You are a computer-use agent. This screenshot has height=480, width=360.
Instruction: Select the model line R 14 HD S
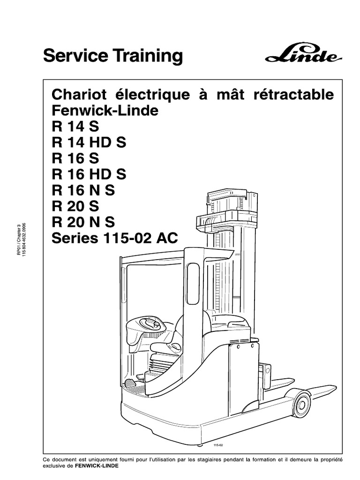89,142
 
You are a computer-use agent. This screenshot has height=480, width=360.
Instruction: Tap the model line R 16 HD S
89,174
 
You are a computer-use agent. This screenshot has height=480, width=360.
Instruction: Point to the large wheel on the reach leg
301,403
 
